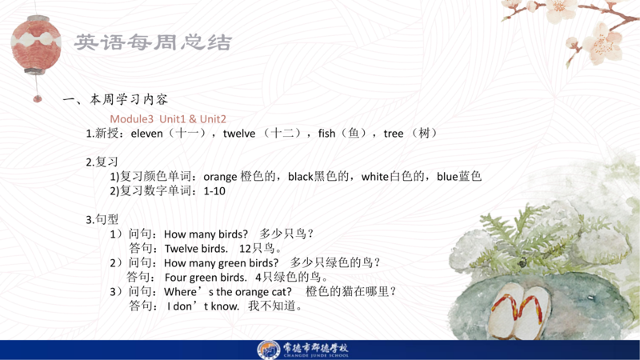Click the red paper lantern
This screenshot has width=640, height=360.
pos(36,45)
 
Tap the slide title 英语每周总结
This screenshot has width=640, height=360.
pos(153,42)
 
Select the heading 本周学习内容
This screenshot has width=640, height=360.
pos(129,99)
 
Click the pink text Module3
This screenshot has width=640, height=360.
pos(131,118)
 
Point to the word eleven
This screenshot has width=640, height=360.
pos(146,134)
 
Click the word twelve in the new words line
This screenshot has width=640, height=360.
pos(239,134)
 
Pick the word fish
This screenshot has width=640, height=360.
pos(326,134)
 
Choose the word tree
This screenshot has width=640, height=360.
pos(394,134)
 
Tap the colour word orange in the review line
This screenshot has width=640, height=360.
pos(220,177)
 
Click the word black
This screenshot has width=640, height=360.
pos(301,176)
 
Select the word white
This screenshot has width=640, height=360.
pos(374,176)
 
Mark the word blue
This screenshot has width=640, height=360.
pos(447,176)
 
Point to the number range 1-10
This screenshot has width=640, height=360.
pos(214,191)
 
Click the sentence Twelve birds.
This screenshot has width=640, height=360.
pos(196,249)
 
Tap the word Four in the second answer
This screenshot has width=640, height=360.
pos(174,278)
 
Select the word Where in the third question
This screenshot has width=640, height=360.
pos(180,292)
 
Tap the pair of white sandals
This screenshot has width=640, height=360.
pos(522,311)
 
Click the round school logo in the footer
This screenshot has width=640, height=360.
pos(268,350)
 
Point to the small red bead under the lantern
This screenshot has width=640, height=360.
pos(37,98)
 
